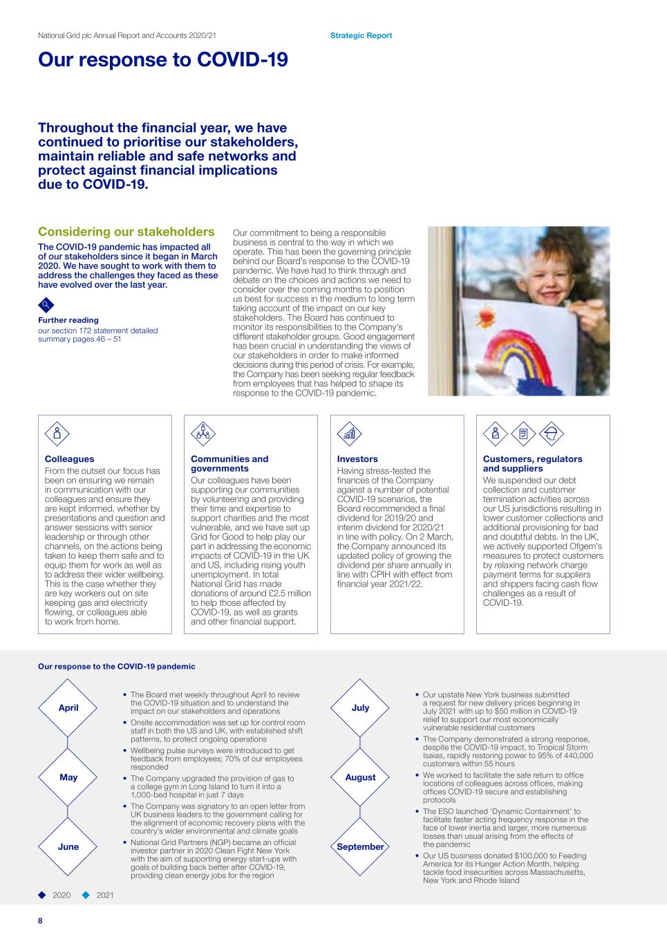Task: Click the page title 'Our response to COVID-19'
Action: coord(163,60)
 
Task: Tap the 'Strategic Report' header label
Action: coord(361,35)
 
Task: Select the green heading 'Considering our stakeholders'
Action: coord(126,232)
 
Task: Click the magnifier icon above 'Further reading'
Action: coord(45,304)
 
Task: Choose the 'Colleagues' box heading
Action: coord(69,459)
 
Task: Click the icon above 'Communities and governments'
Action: coord(203,434)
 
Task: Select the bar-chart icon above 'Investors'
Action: coord(349,434)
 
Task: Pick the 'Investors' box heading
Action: coord(357,459)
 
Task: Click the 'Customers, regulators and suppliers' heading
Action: coord(532,463)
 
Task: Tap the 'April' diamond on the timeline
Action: coord(68,707)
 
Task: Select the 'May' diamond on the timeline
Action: coord(68,777)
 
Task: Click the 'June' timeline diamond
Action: coord(68,846)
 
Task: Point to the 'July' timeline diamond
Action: coord(360,707)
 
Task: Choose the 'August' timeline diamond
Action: coord(360,777)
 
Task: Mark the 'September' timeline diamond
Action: coord(360,846)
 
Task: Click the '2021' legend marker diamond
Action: coord(86,895)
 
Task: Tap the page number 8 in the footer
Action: coord(40,920)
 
